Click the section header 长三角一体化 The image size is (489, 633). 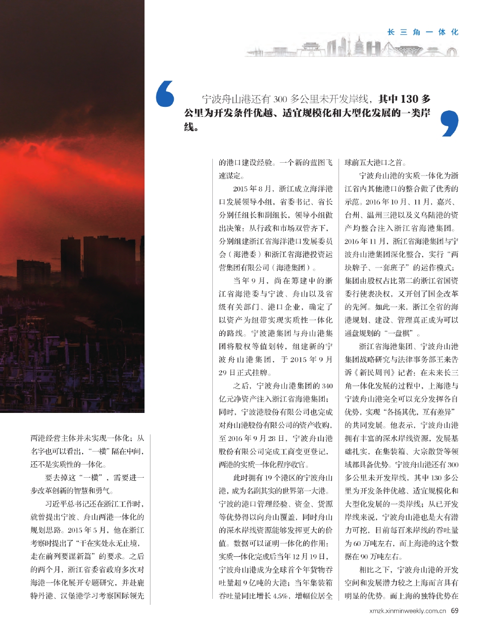pos(423,32)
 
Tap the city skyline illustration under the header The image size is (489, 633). pos(351,48)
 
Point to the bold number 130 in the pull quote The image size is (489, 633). pos(409,99)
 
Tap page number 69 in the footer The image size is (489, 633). pos(454,610)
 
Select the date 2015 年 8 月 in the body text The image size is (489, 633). pos(252,189)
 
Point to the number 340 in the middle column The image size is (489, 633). pos(327,386)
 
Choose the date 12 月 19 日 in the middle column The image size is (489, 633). pos(310,556)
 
